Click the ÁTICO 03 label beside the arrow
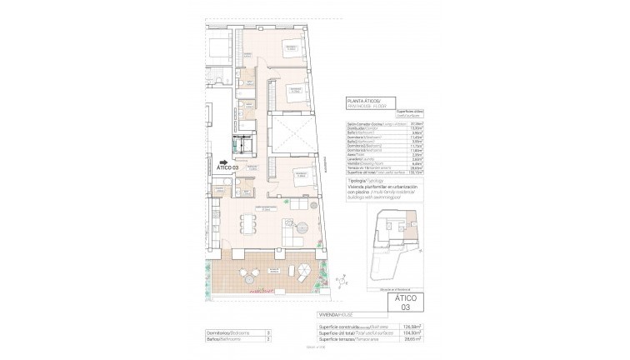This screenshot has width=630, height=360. [224, 168]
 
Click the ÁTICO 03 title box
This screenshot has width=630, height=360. [402, 301]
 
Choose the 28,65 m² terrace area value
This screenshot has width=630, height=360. [408, 337]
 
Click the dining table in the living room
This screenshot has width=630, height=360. [246, 223]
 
